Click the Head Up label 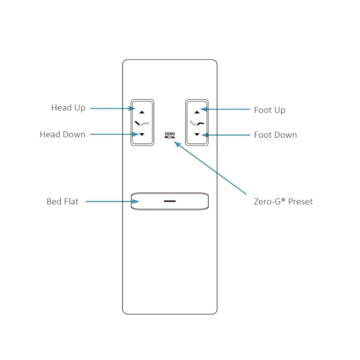[68, 108]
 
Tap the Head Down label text [63, 135]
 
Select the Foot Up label [270, 110]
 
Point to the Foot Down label [275, 135]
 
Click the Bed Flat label [62, 202]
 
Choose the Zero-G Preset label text [283, 201]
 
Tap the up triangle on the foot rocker [196, 112]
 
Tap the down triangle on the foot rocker [196, 135]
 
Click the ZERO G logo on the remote [170, 135]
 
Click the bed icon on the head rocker [142, 123]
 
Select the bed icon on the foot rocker [197, 123]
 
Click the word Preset [300, 201]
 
